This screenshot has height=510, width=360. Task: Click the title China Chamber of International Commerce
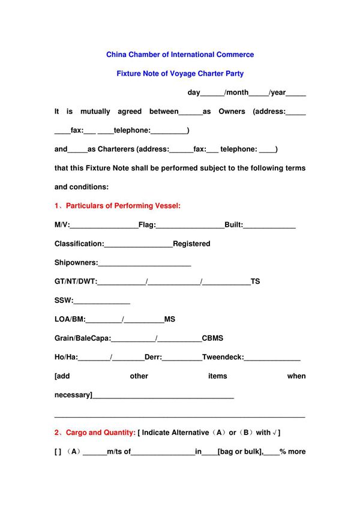click(x=180, y=55)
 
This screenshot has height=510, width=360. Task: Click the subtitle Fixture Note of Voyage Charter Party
click(x=180, y=74)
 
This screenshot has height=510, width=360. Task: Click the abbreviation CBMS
click(x=212, y=338)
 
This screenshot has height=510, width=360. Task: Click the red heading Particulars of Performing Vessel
click(x=123, y=206)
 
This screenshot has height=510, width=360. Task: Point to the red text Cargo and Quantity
click(x=100, y=433)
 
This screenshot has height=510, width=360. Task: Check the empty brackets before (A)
click(x=58, y=452)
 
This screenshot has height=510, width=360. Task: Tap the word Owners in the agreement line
click(x=232, y=112)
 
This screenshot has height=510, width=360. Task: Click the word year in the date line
click(x=277, y=92)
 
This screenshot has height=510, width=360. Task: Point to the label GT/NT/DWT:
click(x=76, y=282)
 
